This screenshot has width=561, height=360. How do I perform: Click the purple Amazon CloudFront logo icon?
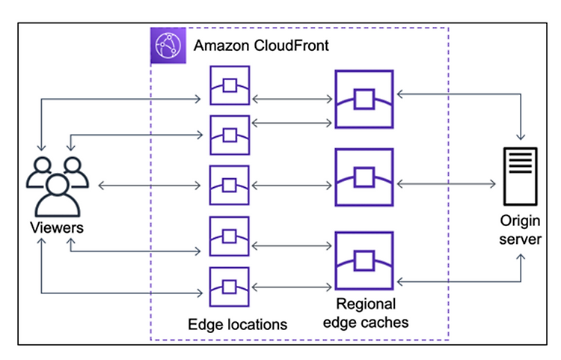[x=168, y=46]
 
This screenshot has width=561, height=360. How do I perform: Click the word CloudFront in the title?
[x=291, y=46]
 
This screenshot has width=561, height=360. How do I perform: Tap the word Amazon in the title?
[x=221, y=46]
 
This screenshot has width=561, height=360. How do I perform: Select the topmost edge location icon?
[x=230, y=85]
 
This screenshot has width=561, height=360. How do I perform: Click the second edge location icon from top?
[x=230, y=135]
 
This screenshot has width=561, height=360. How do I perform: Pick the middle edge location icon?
[x=230, y=185]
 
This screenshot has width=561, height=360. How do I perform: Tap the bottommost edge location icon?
[x=230, y=287]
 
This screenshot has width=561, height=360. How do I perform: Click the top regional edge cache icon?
[x=364, y=99]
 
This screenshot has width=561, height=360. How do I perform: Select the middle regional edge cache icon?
[x=364, y=177]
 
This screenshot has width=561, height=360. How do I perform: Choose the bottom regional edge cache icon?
[x=364, y=260]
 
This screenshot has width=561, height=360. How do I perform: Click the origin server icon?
[x=520, y=176]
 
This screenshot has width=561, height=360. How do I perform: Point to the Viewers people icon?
[x=58, y=187]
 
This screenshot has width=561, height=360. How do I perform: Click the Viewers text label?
[x=57, y=228]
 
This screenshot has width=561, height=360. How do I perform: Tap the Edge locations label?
[x=238, y=325]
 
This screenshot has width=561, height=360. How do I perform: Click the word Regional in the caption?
[x=366, y=304]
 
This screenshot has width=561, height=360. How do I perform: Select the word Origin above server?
[x=520, y=221]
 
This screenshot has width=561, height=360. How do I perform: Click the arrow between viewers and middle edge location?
[x=150, y=186]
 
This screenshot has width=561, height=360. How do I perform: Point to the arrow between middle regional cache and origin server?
[x=447, y=184]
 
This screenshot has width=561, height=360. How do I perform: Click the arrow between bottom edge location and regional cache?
[x=292, y=287]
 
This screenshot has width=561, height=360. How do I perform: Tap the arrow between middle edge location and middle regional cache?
[x=292, y=186]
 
